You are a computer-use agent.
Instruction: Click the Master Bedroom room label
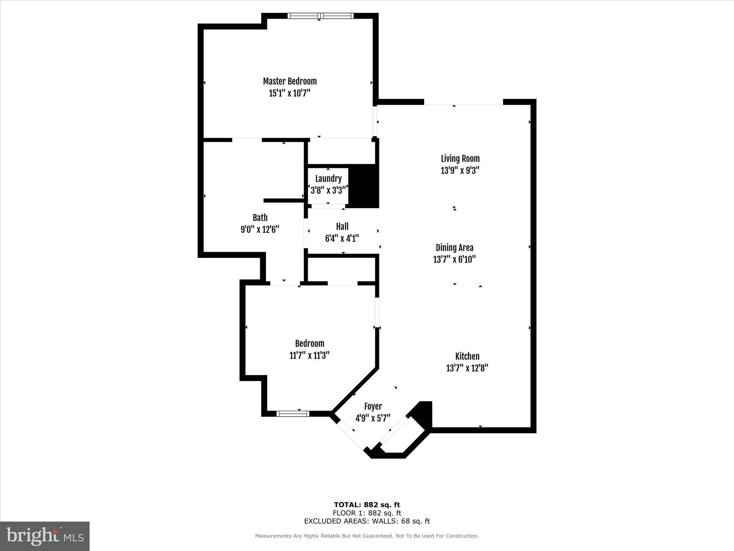pyautogui.click(x=290, y=81)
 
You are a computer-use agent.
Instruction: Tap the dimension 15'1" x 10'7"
pyautogui.click(x=290, y=93)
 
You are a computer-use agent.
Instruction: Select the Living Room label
pyautogui.click(x=460, y=159)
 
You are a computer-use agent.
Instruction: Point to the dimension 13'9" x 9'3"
pyautogui.click(x=460, y=170)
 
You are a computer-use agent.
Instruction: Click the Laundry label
pyautogui.click(x=328, y=179)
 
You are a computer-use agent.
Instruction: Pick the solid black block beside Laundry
pyautogui.click(x=364, y=186)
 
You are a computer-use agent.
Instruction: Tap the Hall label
pyautogui.click(x=342, y=227)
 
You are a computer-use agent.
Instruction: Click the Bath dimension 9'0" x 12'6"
pyautogui.click(x=260, y=229)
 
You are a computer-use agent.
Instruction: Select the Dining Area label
pyautogui.click(x=454, y=248)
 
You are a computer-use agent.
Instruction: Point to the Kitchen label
pyautogui.click(x=467, y=356)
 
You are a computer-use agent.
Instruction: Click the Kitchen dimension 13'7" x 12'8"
pyautogui.click(x=467, y=368)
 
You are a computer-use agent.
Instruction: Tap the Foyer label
pyautogui.click(x=373, y=406)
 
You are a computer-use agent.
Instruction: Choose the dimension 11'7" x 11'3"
pyautogui.click(x=309, y=355)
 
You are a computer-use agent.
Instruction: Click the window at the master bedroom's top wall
pyautogui.click(x=320, y=16)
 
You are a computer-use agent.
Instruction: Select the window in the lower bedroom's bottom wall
pyautogui.click(x=293, y=414)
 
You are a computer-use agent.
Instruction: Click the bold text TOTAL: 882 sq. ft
pyautogui.click(x=367, y=505)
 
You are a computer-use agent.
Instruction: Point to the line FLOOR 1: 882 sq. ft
pyautogui.click(x=367, y=513)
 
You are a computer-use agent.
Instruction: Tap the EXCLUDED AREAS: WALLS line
pyautogui.click(x=367, y=521)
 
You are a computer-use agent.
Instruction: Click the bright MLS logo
pyautogui.click(x=45, y=536)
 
